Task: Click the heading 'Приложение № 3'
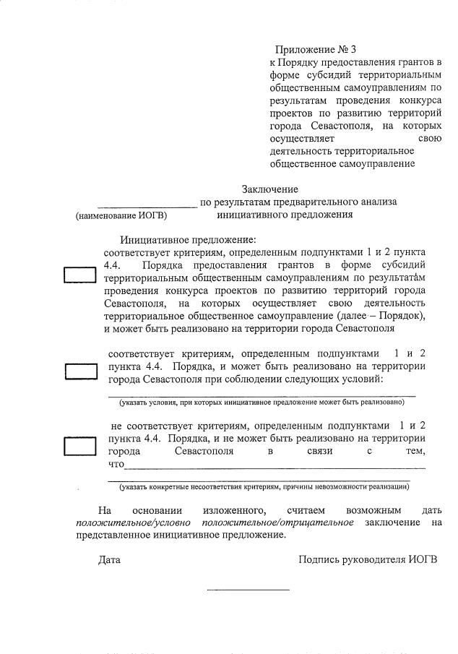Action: click(316, 50)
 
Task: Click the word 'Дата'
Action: click(110, 560)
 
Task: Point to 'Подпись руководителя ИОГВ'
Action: click(368, 560)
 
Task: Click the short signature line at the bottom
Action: click(248, 590)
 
